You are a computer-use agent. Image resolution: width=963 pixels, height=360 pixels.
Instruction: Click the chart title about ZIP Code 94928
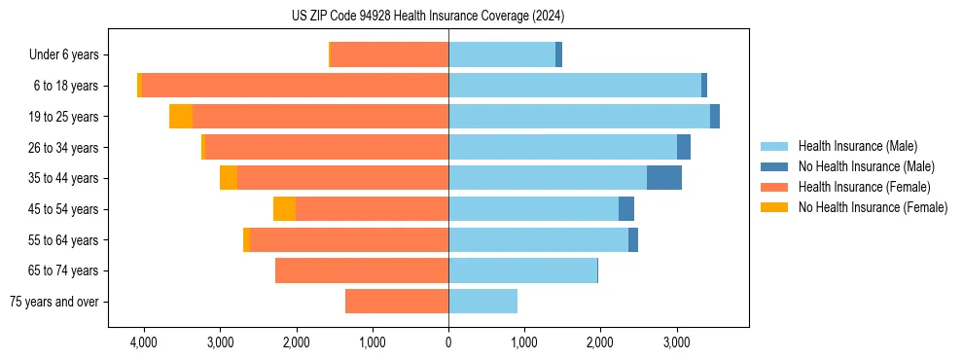pyautogui.click(x=428, y=16)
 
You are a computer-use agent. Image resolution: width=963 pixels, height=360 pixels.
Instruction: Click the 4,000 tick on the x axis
pyautogui.click(x=144, y=342)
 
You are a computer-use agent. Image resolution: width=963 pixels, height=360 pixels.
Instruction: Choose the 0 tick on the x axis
pyautogui.click(x=448, y=342)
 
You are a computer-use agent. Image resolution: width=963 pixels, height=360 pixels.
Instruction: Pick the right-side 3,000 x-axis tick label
pyautogui.click(x=677, y=342)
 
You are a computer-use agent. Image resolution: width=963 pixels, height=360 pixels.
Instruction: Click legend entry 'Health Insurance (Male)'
pyautogui.click(x=857, y=146)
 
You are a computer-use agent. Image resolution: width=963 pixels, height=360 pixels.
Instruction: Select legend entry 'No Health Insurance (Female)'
pyautogui.click(x=873, y=207)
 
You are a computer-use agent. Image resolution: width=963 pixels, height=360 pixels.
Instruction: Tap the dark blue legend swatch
pyautogui.click(x=775, y=166)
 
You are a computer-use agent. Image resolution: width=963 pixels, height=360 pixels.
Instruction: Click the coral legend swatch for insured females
pyautogui.click(x=775, y=187)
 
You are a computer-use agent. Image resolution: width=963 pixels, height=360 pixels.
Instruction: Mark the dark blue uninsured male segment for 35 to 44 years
pyautogui.click(x=664, y=178)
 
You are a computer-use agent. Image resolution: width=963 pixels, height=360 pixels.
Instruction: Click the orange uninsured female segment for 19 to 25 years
pyautogui.click(x=181, y=117)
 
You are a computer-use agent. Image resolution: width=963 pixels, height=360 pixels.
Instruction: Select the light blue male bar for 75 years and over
pyautogui.click(x=482, y=302)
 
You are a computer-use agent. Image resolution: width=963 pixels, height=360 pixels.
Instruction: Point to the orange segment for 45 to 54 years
pyautogui.click(x=284, y=209)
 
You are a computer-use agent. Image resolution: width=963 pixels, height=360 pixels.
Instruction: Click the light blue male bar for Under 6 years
pyautogui.click(x=502, y=55)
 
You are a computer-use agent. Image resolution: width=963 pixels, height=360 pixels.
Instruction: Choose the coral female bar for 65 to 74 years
pyautogui.click(x=362, y=270)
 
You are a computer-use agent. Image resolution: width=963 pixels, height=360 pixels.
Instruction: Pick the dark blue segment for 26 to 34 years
pyautogui.click(x=684, y=148)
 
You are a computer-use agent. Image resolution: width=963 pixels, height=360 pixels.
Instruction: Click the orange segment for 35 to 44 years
pyautogui.click(x=229, y=178)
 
